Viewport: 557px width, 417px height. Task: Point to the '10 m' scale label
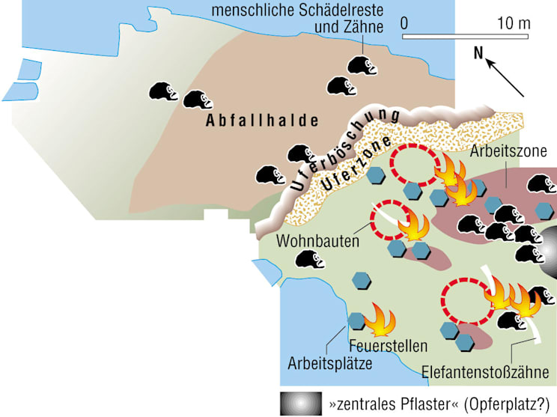(513, 22)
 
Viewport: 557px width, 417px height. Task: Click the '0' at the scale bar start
(404, 22)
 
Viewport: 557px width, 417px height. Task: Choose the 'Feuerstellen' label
(388, 347)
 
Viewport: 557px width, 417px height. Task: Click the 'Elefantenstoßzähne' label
(488, 371)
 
